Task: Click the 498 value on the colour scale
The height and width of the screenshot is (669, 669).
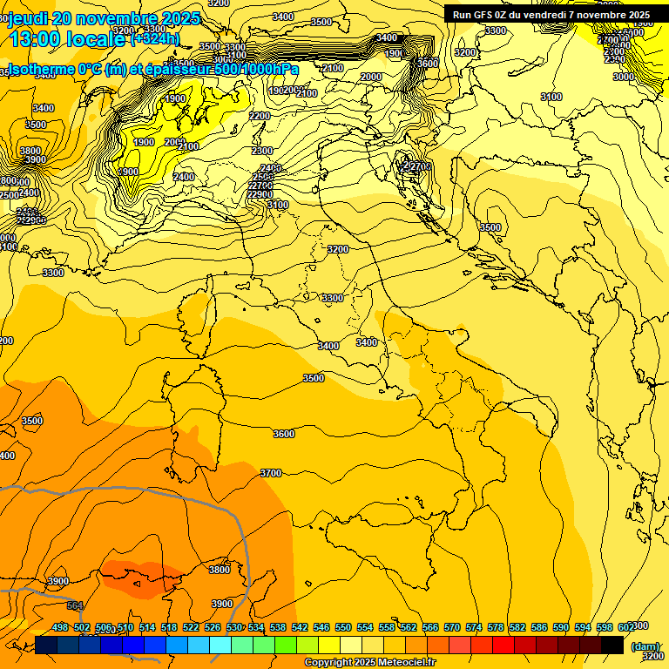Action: (60, 626)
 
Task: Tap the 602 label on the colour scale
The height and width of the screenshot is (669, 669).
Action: (626, 626)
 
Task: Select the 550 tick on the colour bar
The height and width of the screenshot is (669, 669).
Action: (343, 626)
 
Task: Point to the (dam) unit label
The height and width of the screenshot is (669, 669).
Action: (645, 646)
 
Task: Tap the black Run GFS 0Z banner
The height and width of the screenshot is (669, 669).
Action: (551, 15)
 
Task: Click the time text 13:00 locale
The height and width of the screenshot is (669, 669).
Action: (68, 38)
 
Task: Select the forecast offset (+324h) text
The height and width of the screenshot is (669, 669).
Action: (155, 38)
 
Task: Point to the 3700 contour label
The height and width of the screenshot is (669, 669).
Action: (271, 473)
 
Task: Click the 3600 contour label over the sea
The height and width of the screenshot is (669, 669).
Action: (284, 434)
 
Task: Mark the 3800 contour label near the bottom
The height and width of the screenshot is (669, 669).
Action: (220, 570)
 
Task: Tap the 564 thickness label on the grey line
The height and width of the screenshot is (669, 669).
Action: (75, 606)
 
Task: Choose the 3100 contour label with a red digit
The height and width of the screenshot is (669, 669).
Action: (551, 97)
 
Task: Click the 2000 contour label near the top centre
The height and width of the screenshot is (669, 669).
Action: (371, 78)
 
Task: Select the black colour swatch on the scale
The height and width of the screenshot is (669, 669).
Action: (612, 645)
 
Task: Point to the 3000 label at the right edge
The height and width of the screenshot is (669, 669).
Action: (623, 77)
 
